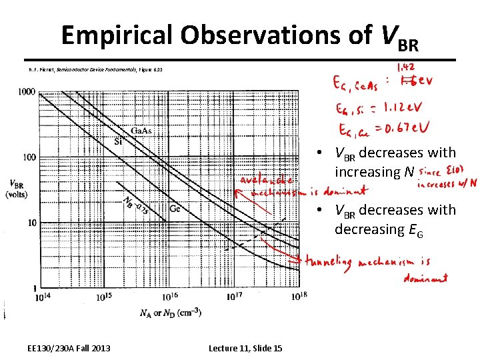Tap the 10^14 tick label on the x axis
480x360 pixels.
(x=41, y=297)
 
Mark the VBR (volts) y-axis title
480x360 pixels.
(x=17, y=189)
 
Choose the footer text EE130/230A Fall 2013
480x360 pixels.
(x=69, y=348)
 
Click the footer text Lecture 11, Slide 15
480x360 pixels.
(x=245, y=348)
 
